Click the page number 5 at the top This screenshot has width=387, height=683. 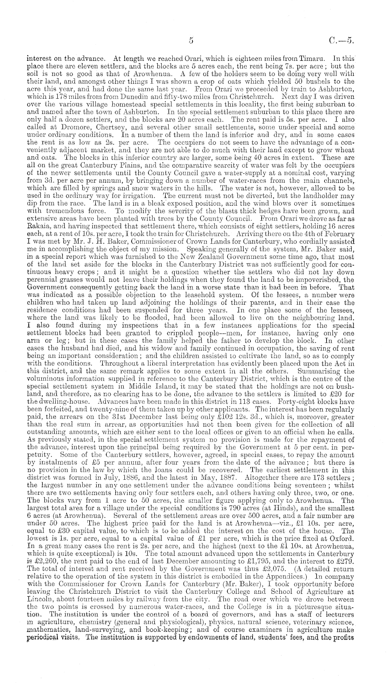pos(191,40)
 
